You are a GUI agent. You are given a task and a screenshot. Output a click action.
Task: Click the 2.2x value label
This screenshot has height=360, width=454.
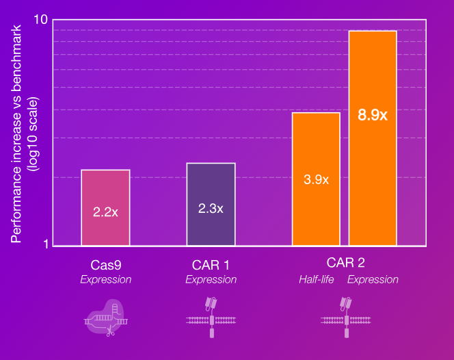pyautogui.click(x=105, y=212)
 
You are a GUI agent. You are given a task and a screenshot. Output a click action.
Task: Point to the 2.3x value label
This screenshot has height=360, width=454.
pyautogui.click(x=211, y=208)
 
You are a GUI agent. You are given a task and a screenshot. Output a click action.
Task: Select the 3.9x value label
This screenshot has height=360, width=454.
pyautogui.click(x=316, y=180)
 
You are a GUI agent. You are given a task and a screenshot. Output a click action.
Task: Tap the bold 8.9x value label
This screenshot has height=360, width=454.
pyautogui.click(x=373, y=116)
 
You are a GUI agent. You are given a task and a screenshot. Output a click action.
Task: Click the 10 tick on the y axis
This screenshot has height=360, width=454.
pyautogui.click(x=40, y=21)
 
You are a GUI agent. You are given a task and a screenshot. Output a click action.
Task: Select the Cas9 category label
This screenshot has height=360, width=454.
pyautogui.click(x=105, y=263)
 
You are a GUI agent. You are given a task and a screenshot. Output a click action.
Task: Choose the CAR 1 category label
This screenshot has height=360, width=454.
pyautogui.click(x=211, y=263)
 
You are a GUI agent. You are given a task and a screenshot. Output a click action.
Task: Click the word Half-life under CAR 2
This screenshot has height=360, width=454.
pyautogui.click(x=315, y=279)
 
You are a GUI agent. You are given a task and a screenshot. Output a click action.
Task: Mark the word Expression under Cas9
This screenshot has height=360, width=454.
pyautogui.click(x=105, y=279)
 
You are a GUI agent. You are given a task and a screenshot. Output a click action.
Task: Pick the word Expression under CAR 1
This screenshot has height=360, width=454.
pyautogui.click(x=211, y=279)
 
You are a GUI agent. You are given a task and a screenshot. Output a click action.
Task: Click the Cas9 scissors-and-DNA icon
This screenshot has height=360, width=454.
pyautogui.click(x=107, y=317)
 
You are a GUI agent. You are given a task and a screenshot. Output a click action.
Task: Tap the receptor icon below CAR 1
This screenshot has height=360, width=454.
pyautogui.click(x=211, y=317)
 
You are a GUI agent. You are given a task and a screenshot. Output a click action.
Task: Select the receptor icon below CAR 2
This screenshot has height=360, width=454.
pyautogui.click(x=347, y=317)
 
